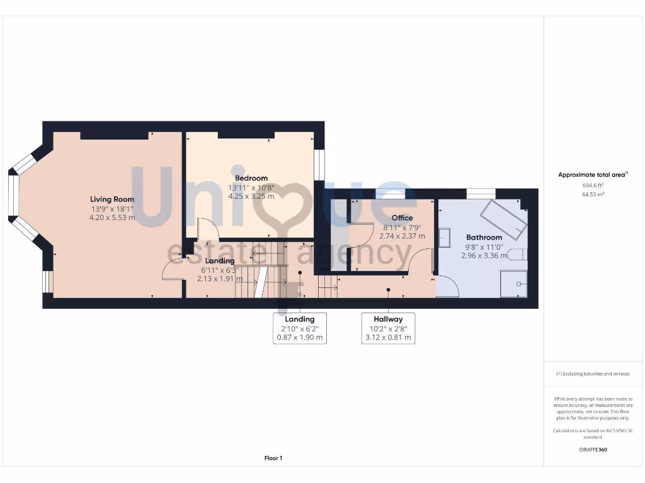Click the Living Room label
(x=111, y=199)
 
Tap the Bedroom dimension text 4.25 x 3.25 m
(x=251, y=196)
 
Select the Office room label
(x=402, y=218)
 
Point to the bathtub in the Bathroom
(x=503, y=219)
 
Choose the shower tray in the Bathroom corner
(x=513, y=284)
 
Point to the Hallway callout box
(x=389, y=328)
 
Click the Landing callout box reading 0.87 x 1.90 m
(x=300, y=328)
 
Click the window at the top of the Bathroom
(x=481, y=193)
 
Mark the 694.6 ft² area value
(x=593, y=186)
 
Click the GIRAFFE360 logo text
(x=593, y=450)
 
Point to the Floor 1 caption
(x=273, y=458)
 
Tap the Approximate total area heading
(x=593, y=175)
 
